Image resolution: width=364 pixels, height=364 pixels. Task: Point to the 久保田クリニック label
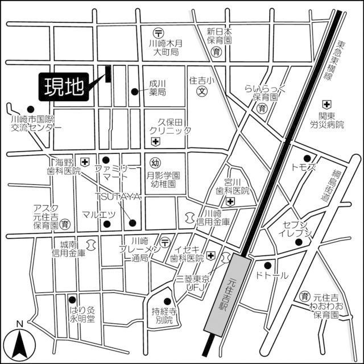click(x=170, y=126)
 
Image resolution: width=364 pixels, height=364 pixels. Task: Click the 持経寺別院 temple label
click(x=164, y=316)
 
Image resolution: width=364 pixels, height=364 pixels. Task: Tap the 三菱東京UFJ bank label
click(x=193, y=284)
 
